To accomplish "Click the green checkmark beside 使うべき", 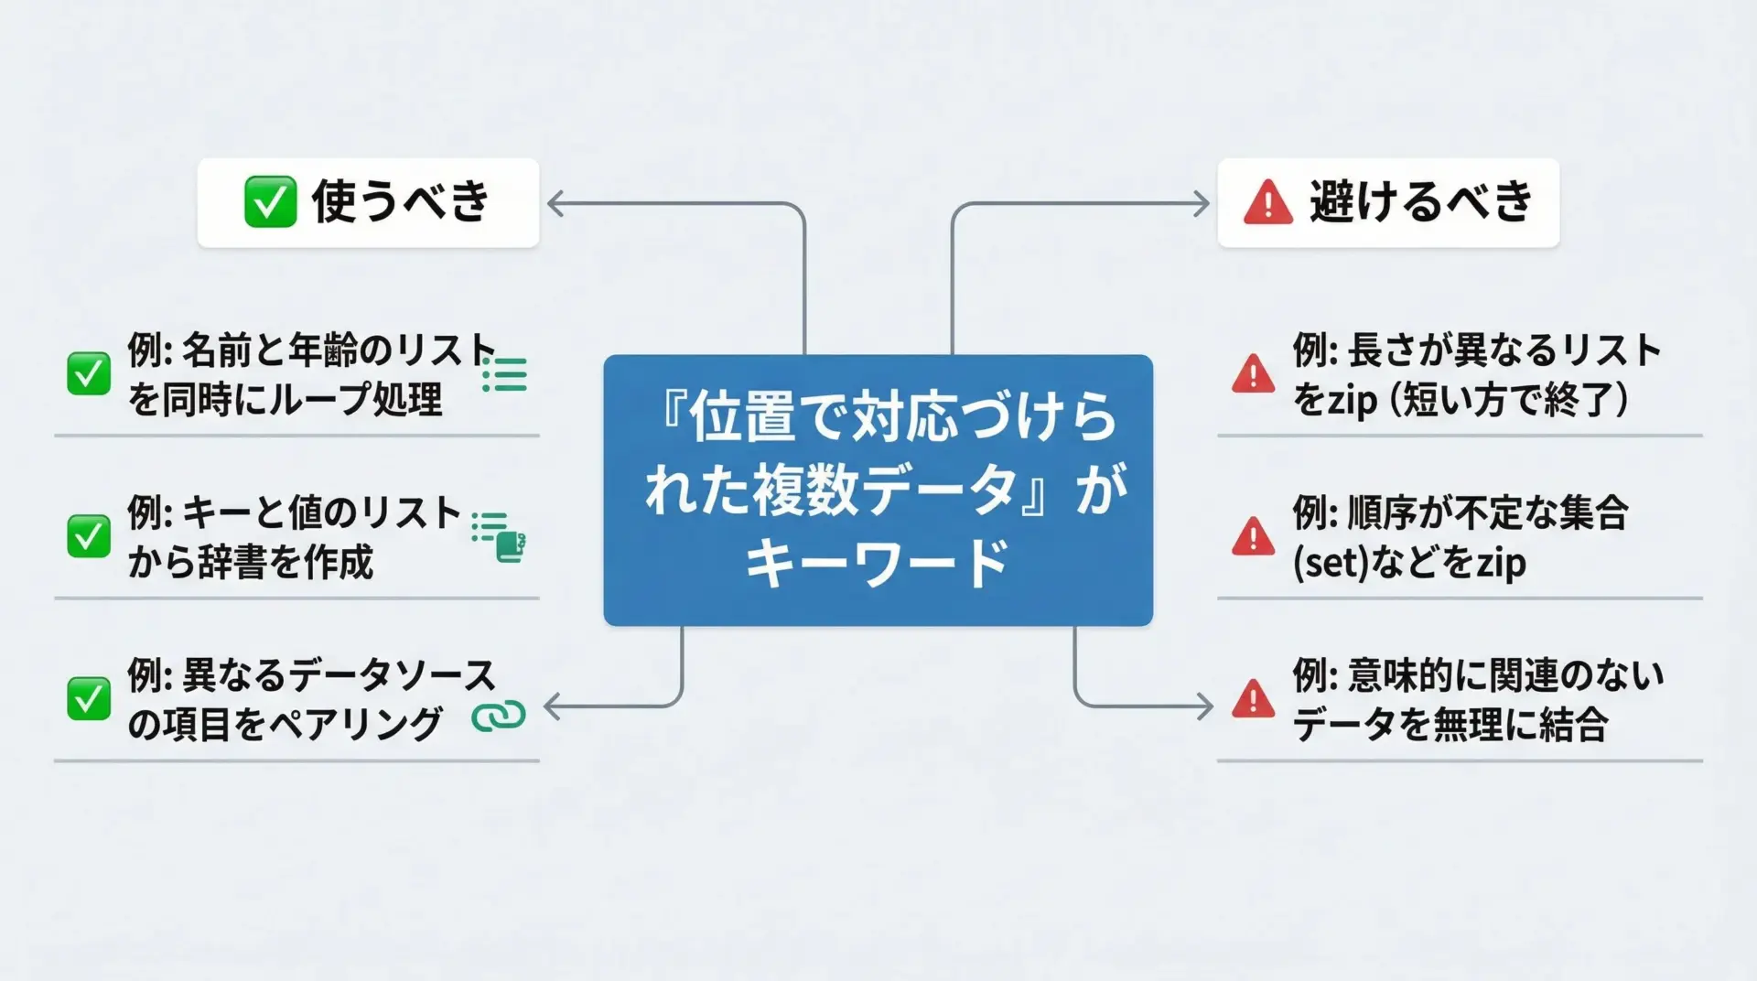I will (x=270, y=201).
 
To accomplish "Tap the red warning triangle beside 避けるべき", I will (x=1267, y=203).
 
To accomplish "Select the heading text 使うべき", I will (x=401, y=201).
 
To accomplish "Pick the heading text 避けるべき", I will (x=1420, y=201).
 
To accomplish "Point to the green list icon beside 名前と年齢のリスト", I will (x=505, y=374).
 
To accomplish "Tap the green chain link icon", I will (x=499, y=717).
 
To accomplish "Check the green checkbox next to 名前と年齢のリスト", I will (x=89, y=374).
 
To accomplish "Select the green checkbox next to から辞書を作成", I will (x=89, y=537).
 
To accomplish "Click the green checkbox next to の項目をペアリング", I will (x=89, y=700).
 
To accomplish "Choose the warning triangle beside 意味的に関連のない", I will (x=1253, y=700).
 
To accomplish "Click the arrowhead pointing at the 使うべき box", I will (x=554, y=203).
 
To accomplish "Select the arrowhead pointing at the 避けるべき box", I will (x=1203, y=203).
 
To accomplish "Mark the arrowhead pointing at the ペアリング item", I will (x=551, y=706).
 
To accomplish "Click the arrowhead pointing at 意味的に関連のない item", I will (x=1206, y=706).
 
